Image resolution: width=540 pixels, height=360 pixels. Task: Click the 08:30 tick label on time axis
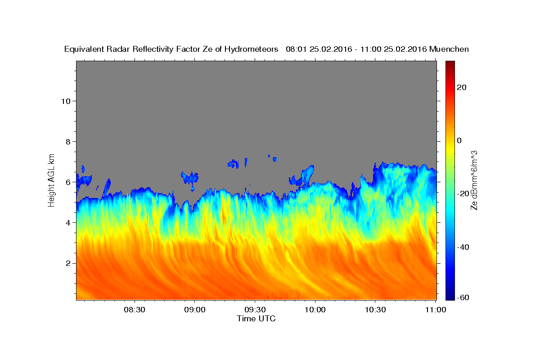point(135,310)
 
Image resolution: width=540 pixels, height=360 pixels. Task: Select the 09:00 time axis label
point(195,310)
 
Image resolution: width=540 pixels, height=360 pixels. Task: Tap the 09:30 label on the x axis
point(255,310)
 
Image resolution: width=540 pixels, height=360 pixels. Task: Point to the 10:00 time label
point(315,310)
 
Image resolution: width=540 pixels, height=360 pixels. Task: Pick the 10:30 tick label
point(375,310)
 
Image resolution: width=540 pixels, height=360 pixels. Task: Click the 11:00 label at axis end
point(436,310)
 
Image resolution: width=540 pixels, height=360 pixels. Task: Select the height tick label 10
point(66,101)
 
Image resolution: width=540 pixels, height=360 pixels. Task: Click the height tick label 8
point(68,142)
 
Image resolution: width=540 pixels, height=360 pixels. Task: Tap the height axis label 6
point(68,182)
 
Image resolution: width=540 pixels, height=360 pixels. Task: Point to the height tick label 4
point(68,223)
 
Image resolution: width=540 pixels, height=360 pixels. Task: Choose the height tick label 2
point(68,263)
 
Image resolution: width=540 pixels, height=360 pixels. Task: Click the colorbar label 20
point(462,87)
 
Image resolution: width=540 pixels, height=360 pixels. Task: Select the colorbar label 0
point(459,140)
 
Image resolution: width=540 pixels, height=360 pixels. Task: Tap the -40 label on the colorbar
point(463,247)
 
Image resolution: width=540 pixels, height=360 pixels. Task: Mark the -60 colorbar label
point(463,297)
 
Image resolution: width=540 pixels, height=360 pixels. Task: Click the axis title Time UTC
point(256,319)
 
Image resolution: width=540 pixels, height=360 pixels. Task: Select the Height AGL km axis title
point(51,180)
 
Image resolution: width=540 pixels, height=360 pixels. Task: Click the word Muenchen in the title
point(449,49)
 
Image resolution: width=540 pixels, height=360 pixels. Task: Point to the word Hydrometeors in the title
point(251,49)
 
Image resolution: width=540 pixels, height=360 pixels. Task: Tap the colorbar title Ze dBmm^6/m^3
point(474,180)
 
